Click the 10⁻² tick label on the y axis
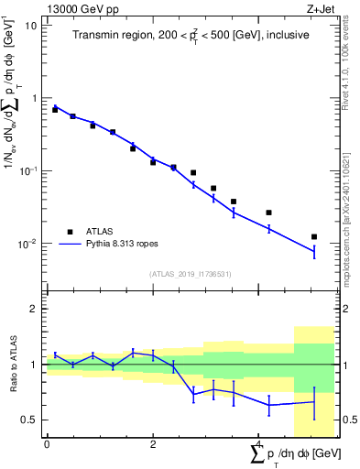[27, 244]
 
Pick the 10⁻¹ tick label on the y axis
[27, 171]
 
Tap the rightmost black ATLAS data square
[314, 237]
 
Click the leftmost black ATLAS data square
[55, 109]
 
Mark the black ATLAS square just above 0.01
[314, 237]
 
